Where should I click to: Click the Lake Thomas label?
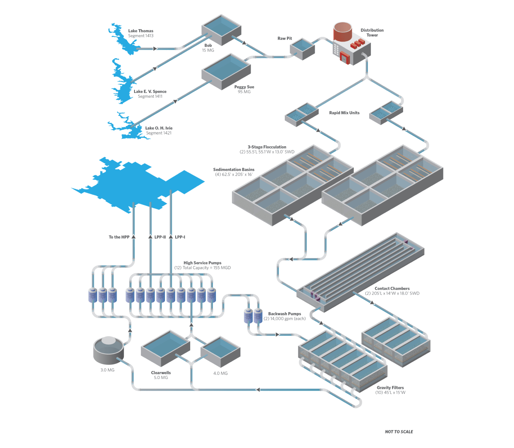tap(140, 31)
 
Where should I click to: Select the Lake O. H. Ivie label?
tap(158, 128)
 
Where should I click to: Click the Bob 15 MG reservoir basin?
tap(221, 29)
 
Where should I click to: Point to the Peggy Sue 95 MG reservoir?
tap(226, 70)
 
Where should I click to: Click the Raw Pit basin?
tap(302, 48)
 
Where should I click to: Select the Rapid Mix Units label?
tap(344, 113)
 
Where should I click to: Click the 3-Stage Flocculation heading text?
tap(267, 147)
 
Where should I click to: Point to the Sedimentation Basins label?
tap(233, 170)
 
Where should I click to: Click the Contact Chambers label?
tap(392, 289)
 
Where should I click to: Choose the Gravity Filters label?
tap(390, 388)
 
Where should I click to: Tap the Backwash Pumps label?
tap(284, 314)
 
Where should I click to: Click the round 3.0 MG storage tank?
tap(109, 349)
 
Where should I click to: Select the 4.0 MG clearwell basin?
tap(220, 351)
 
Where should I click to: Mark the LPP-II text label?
tap(160, 237)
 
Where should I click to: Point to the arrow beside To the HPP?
tap(133, 237)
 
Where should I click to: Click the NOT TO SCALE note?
tap(399, 432)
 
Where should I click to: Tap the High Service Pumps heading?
tap(202, 263)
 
